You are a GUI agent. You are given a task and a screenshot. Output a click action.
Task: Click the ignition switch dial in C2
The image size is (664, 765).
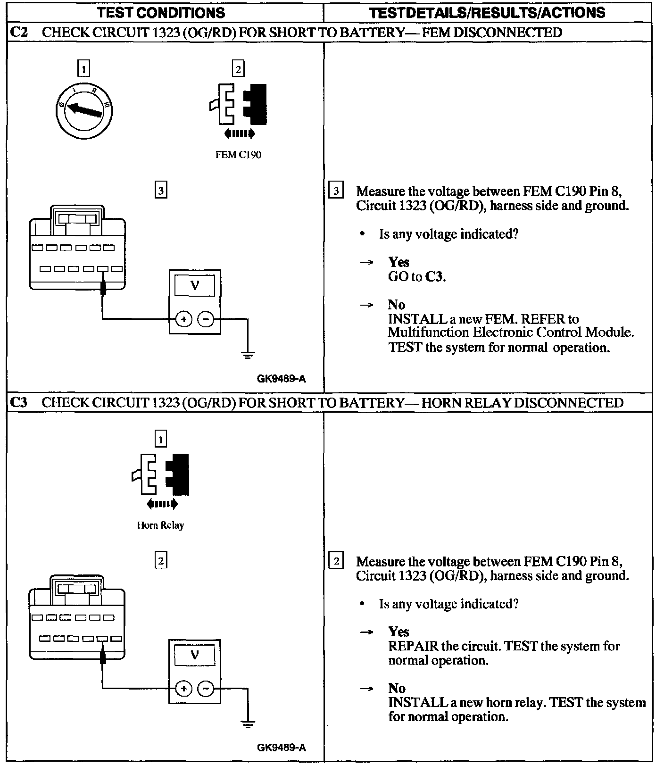83,109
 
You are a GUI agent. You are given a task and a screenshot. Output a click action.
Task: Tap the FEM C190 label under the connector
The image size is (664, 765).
238,155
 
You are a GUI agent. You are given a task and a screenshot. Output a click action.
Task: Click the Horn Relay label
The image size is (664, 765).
160,525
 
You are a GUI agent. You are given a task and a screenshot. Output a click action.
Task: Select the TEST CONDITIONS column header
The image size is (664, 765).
161,12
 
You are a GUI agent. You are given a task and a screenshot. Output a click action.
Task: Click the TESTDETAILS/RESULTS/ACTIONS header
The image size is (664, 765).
487,12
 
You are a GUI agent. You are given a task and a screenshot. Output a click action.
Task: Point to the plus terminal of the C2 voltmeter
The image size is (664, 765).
183,319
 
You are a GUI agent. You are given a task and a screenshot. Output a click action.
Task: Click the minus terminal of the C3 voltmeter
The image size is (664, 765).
206,689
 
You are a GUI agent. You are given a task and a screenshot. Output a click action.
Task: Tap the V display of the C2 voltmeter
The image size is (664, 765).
194,286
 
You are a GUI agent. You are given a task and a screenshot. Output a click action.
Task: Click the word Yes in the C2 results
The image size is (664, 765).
398,262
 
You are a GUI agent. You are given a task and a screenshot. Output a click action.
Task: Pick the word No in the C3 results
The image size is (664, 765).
397,688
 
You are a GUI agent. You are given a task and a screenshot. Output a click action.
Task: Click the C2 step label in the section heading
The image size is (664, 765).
19,33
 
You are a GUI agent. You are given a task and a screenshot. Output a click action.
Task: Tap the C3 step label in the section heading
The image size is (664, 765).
19,402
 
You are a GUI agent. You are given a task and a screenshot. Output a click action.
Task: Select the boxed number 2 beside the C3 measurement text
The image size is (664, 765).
336,561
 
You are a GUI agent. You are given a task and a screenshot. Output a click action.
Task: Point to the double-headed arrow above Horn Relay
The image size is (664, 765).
162,504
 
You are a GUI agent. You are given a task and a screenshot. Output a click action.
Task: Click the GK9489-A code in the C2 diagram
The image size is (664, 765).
282,379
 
